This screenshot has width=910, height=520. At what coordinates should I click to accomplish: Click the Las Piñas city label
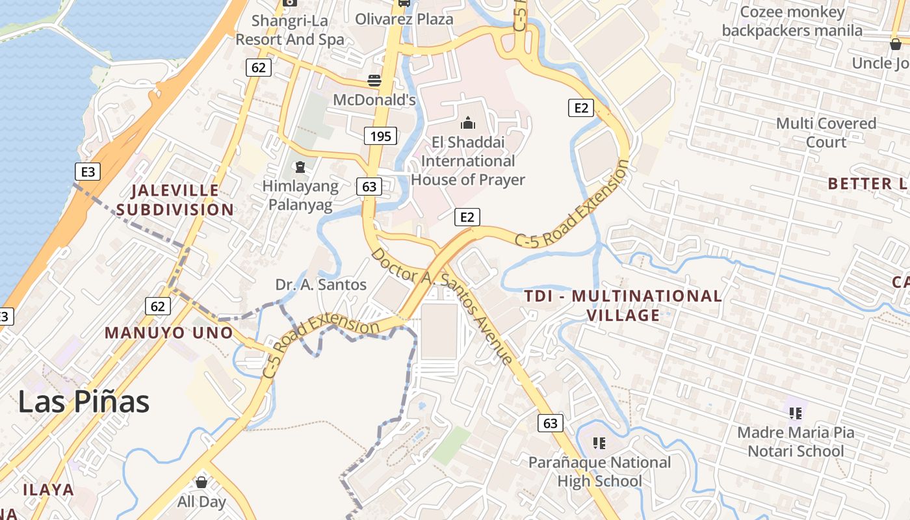pyautogui.click(x=83, y=402)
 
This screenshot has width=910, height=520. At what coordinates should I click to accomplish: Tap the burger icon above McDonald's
pyautogui.click(x=374, y=81)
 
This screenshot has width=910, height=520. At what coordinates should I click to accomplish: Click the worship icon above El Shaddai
pyautogui.click(x=468, y=123)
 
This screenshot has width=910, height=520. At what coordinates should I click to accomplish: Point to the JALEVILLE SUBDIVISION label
pyautogui.click(x=175, y=200)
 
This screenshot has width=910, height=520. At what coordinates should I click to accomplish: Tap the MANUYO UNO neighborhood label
pyautogui.click(x=169, y=333)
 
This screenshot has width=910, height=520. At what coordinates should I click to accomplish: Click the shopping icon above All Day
pyautogui.click(x=201, y=482)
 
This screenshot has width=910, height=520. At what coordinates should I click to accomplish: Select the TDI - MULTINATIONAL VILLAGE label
pyautogui.click(x=623, y=305)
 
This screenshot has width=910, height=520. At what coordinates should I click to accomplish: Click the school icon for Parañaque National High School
pyautogui.click(x=599, y=443)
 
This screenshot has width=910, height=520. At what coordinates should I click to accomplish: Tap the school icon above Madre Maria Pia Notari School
pyautogui.click(x=795, y=413)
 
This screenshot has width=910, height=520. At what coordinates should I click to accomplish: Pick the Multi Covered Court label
pyautogui.click(x=826, y=133)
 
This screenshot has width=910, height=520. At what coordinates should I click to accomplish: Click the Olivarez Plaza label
pyautogui.click(x=404, y=19)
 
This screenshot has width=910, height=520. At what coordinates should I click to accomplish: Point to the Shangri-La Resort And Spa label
pyautogui.click(x=290, y=30)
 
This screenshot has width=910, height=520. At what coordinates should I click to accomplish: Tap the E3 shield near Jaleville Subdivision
pyautogui.click(x=88, y=172)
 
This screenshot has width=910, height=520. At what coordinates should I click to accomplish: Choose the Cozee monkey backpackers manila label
pyautogui.click(x=792, y=21)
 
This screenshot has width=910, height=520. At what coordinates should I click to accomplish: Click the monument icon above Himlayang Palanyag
pyautogui.click(x=300, y=167)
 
